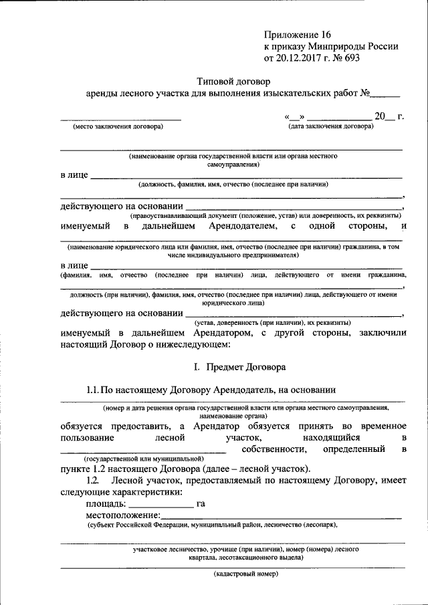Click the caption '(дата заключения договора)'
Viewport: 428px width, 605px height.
coord(330,126)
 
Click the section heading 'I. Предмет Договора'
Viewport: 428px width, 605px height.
coord(239,367)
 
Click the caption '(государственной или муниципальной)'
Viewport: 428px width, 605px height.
coord(143,460)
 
